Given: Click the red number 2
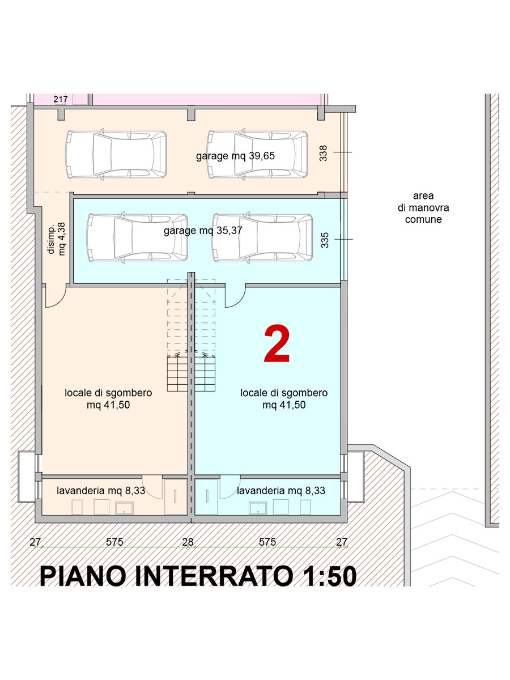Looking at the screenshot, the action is click(x=277, y=343).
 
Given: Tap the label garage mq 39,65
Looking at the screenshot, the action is click(x=235, y=156).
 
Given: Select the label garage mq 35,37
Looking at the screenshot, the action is click(x=203, y=231).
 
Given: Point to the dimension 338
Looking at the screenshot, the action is click(x=323, y=153).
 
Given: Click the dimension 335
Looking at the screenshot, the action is click(x=325, y=240).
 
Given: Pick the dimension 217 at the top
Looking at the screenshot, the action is click(x=61, y=99).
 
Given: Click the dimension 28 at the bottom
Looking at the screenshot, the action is click(x=188, y=542).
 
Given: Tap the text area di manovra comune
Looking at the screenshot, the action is click(x=423, y=207).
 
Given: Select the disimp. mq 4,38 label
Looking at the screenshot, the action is click(x=56, y=239).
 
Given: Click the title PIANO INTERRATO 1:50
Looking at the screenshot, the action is click(x=198, y=576).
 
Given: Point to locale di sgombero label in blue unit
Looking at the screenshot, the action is click(x=284, y=399).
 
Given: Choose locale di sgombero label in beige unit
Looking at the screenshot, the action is click(x=108, y=399).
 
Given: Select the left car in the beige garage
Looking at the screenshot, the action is click(x=116, y=154).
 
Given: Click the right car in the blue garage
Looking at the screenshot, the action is click(x=262, y=237).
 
